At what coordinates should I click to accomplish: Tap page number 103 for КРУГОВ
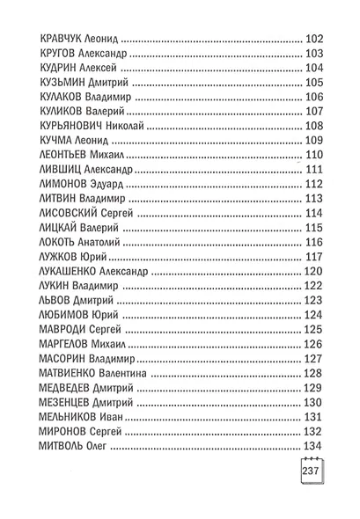[314, 54]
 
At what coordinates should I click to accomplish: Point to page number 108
[314, 126]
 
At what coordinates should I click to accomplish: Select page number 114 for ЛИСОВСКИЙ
[314, 213]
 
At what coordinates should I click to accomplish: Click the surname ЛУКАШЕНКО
[69, 271]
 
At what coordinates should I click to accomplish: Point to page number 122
[314, 285]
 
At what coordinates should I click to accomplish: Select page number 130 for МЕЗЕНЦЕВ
[314, 401]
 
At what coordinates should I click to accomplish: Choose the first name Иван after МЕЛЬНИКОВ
[121, 415]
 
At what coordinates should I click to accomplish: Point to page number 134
[314, 444]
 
